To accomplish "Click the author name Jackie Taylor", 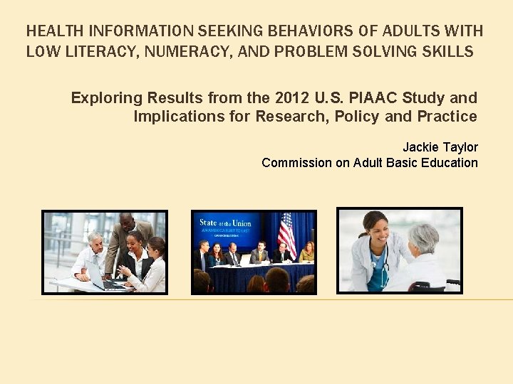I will [x=440, y=147].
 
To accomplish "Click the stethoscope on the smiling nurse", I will [x=375, y=263].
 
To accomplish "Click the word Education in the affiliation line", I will [x=450, y=163].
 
